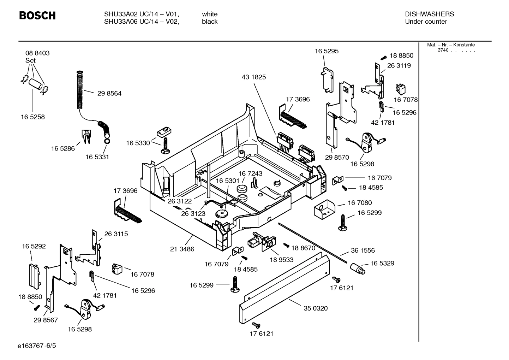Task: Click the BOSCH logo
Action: (x=37, y=16)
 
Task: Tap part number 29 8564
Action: (x=109, y=93)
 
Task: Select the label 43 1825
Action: (x=254, y=77)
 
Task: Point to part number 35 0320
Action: (x=316, y=308)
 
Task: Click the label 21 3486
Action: (x=182, y=249)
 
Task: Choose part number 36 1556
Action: (x=363, y=250)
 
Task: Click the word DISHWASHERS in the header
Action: (x=429, y=14)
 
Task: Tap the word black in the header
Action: (x=210, y=22)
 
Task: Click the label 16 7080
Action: (x=360, y=202)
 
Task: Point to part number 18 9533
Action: (x=281, y=260)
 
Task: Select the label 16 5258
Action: (x=32, y=117)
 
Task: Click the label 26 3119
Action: (x=399, y=65)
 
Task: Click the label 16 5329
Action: (x=382, y=263)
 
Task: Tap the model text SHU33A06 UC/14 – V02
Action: (x=141, y=22)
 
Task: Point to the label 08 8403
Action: (x=37, y=53)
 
